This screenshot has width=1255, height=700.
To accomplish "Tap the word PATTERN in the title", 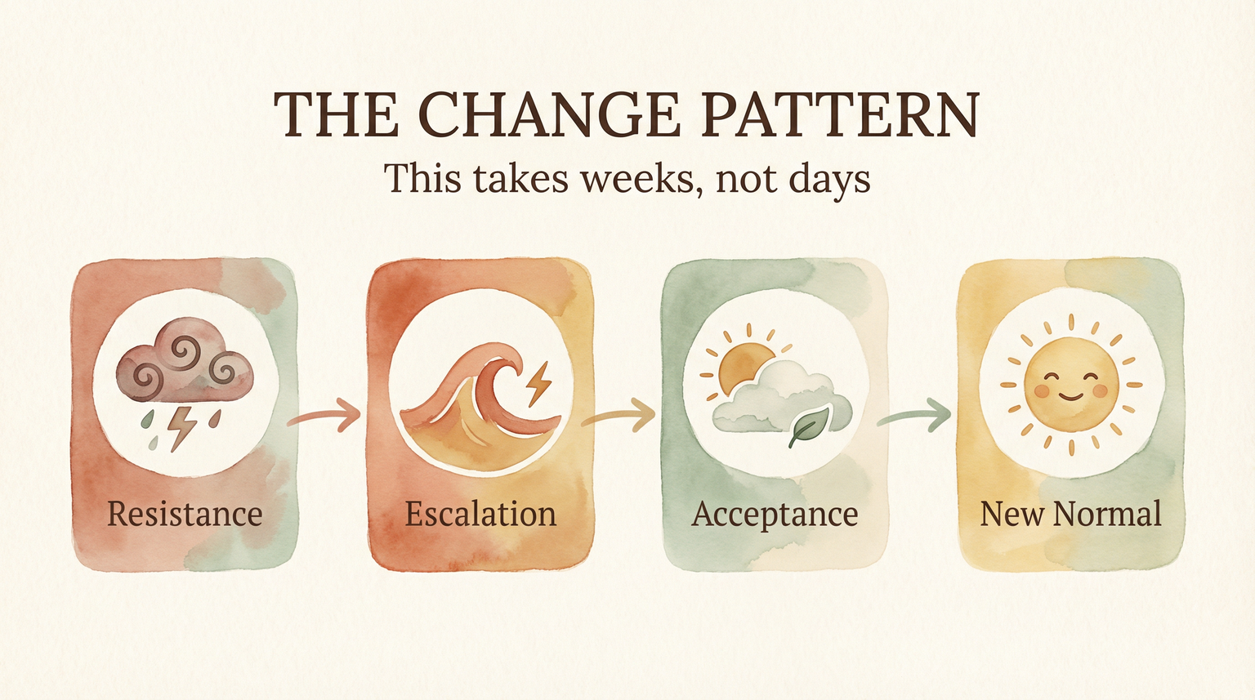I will [840, 114].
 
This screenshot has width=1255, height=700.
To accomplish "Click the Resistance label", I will [185, 515].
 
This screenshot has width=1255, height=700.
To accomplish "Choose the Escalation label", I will [480, 515].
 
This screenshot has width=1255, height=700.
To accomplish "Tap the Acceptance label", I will [775, 515].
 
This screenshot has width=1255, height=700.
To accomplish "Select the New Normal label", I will [1070, 515].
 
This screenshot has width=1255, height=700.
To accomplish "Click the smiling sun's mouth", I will [1070, 396].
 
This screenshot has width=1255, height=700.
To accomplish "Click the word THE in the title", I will [335, 114].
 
